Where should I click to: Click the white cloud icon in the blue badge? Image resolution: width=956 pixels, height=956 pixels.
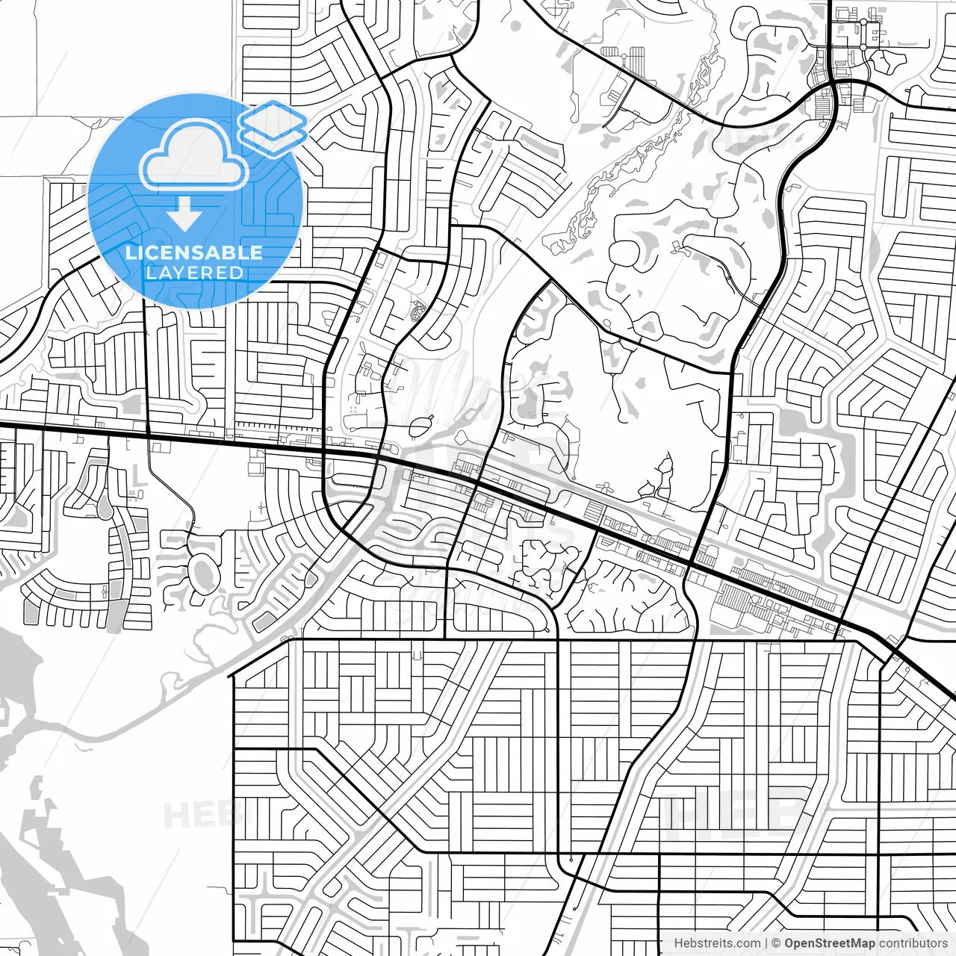(194, 157)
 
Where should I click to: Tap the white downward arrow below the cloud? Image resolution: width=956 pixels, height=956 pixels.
(184, 215)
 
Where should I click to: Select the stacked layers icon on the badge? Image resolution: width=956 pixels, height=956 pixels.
(273, 128)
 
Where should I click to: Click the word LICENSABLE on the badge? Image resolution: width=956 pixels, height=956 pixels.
(194, 252)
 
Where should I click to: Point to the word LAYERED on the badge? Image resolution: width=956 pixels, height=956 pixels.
(194, 273)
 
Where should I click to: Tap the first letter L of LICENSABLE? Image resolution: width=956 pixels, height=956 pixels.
(130, 252)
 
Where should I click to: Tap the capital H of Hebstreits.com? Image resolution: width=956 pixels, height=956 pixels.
(678, 943)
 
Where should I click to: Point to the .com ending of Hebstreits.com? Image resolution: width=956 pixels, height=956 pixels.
(747, 943)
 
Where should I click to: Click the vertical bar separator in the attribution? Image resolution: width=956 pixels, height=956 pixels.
(766, 943)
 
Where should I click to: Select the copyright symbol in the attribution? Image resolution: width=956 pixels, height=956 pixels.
(777, 943)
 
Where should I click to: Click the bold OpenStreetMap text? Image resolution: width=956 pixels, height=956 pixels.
(829, 943)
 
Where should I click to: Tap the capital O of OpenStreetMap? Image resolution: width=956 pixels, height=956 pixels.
(789, 943)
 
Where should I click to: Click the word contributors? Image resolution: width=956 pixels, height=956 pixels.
(913, 943)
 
